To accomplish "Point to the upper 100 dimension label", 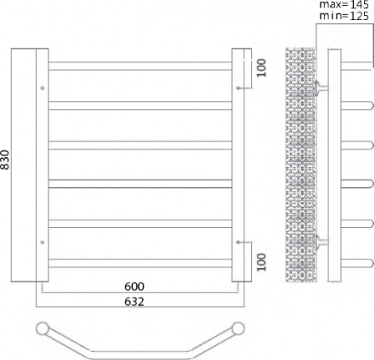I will click(x=260, y=67).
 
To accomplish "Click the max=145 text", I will click(x=343, y=5).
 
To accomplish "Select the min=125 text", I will click(x=343, y=16).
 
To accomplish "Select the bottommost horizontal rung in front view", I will click(x=138, y=264).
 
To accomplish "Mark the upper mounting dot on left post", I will click(x=41, y=86).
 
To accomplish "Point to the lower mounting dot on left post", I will click(x=41, y=242).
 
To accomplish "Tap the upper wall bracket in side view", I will click(x=322, y=86).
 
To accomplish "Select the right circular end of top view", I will click(x=239, y=327).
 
